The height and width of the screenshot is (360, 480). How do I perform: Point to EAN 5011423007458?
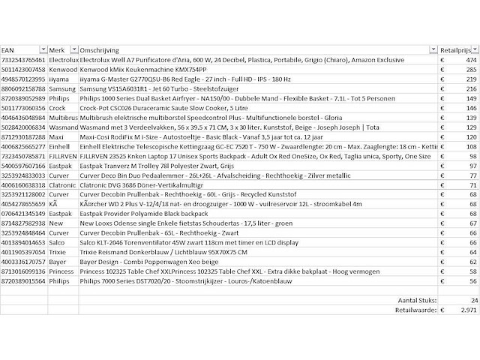(x=23, y=69)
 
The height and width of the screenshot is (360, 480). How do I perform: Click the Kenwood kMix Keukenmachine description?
(x=142, y=69)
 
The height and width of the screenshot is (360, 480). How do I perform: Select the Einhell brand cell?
(x=61, y=147)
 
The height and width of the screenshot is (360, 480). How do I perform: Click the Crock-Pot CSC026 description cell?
(x=151, y=108)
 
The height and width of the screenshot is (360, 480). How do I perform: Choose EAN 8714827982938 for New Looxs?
(x=23, y=224)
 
